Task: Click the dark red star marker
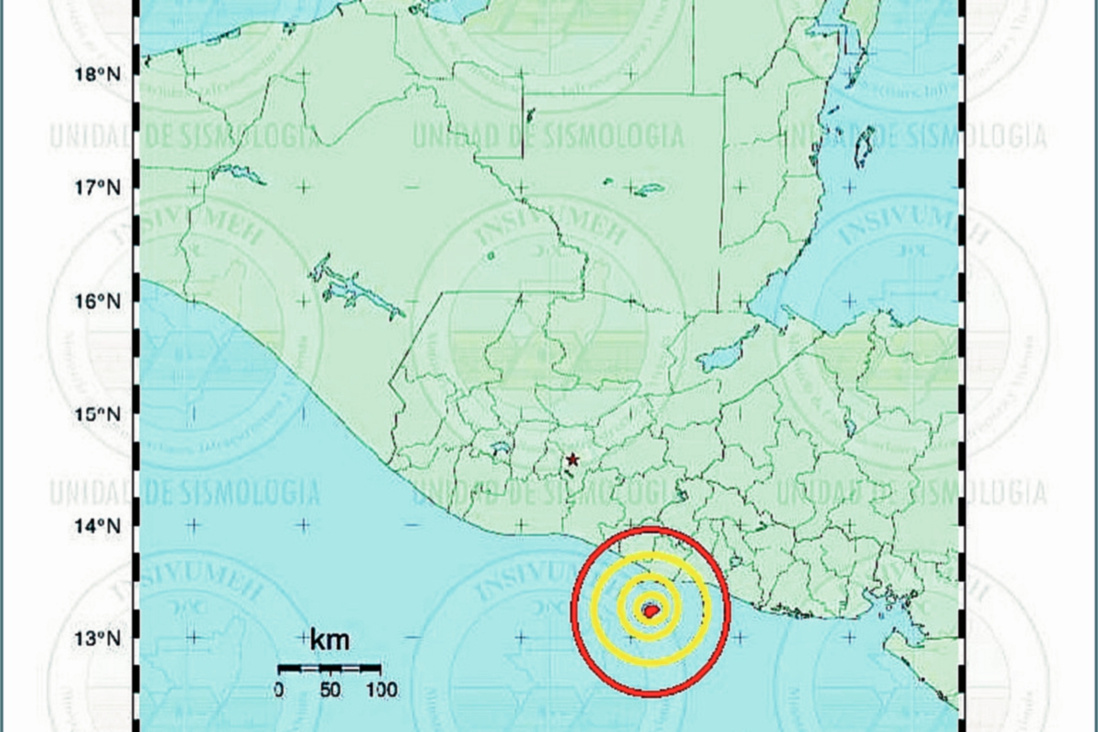573,459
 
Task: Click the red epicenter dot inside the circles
651,607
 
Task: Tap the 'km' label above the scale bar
329,640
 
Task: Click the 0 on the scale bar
278,689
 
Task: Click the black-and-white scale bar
329,669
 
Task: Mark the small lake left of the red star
500,448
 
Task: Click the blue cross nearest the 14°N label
193,525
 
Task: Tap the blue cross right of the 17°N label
193,188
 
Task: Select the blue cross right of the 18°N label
193,74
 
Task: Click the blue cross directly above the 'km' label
303,525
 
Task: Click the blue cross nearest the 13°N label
193,637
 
